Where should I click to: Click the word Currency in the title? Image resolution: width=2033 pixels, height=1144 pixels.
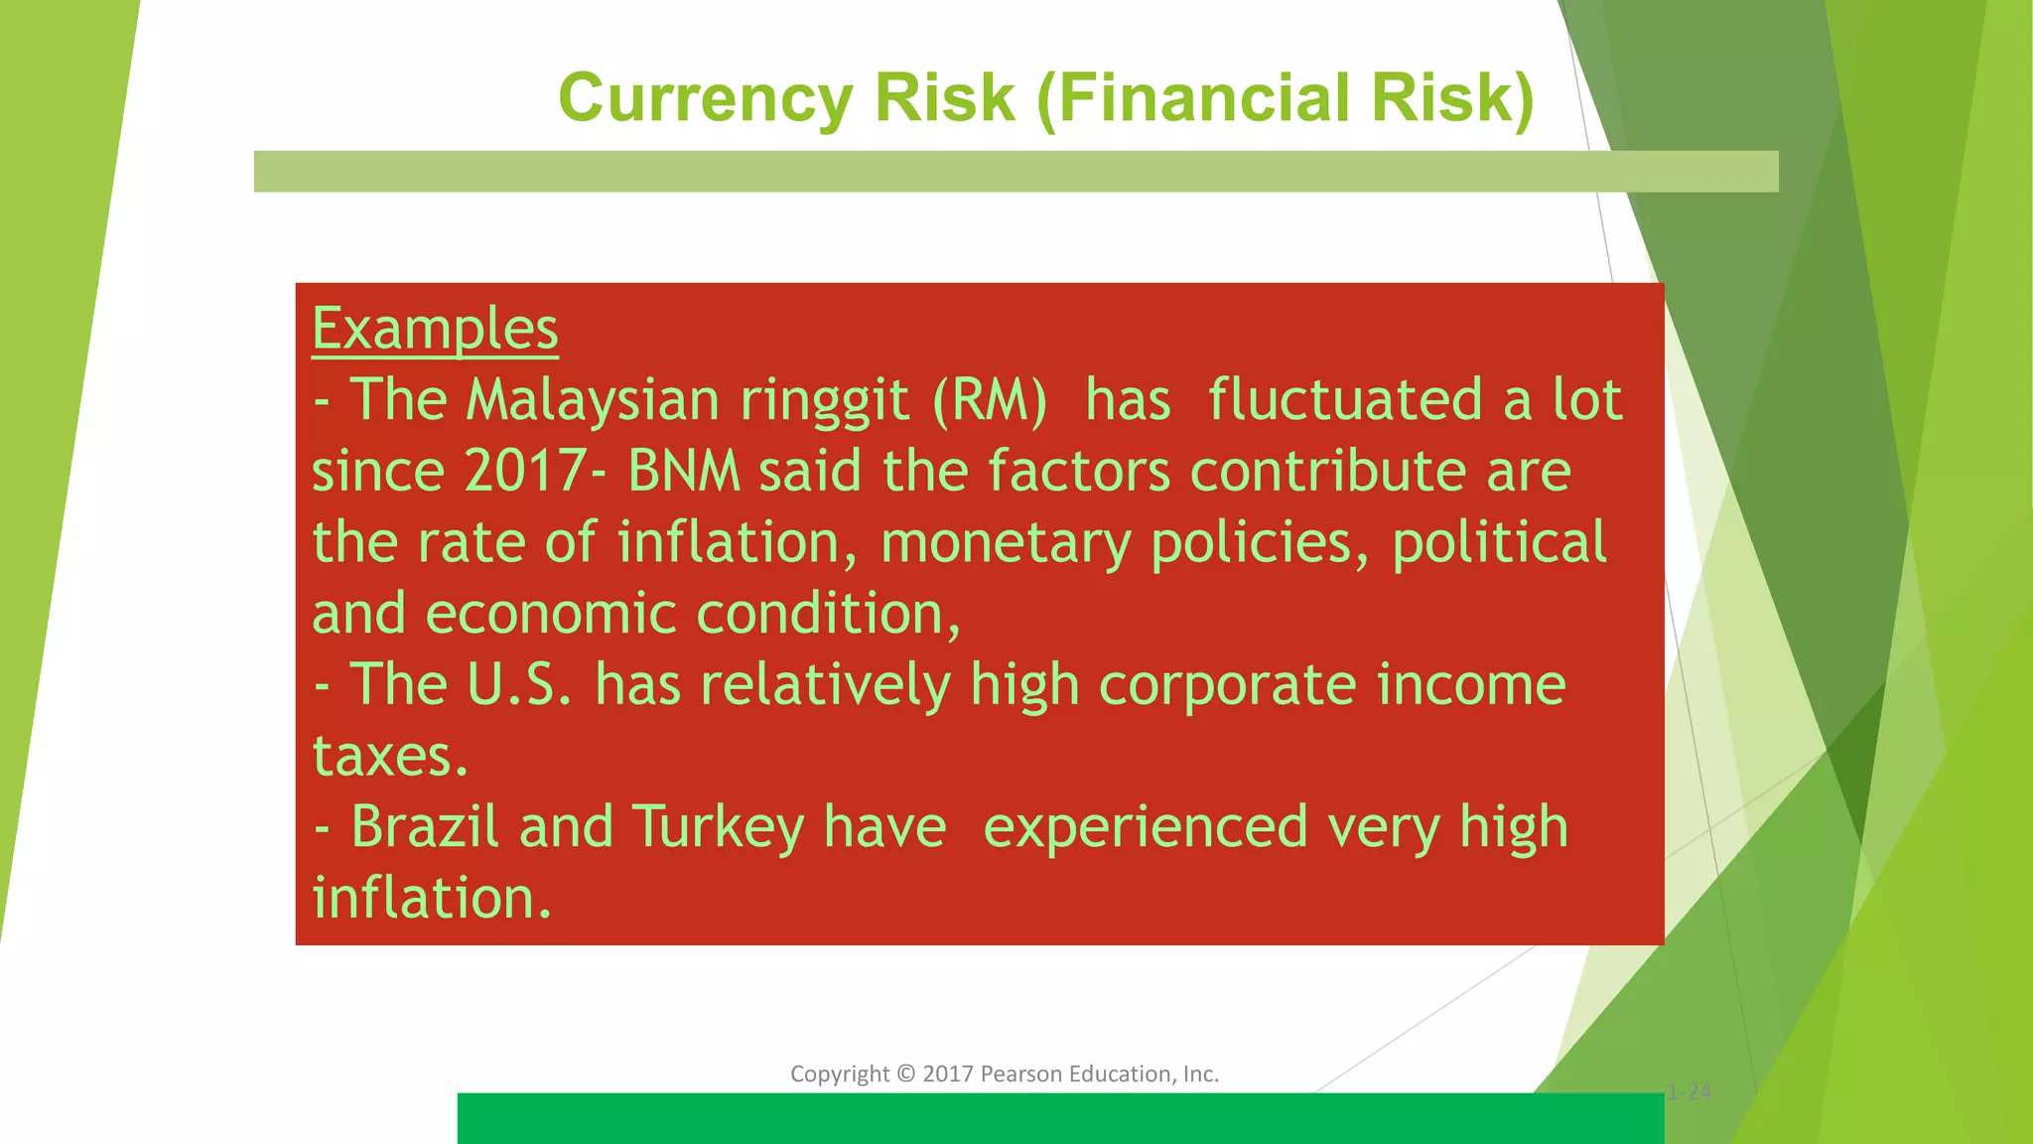[x=705, y=99]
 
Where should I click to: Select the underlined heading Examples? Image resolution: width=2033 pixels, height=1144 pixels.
[x=435, y=329]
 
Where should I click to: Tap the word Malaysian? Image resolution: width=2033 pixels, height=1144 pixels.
[x=593, y=400]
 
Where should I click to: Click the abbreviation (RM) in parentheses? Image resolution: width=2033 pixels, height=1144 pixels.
[x=990, y=400]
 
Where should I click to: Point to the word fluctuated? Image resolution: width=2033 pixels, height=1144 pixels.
[x=1345, y=400]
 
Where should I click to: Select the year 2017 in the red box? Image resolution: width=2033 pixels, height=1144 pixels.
[x=523, y=471]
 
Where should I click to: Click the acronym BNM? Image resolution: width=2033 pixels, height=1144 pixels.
[x=684, y=471]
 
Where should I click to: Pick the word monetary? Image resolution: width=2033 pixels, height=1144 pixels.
[x=1005, y=543]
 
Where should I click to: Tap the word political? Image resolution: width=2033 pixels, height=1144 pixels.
[x=1499, y=543]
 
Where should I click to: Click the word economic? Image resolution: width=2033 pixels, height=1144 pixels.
[x=550, y=614]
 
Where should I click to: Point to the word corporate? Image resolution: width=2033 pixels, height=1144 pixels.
[x=1227, y=685]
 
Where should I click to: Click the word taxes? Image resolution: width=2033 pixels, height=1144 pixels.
[x=389, y=757]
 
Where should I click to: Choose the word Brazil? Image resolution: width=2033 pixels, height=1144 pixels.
[x=424, y=827]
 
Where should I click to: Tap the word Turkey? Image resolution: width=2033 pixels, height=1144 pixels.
[x=718, y=827]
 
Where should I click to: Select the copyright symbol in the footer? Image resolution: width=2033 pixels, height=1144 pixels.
[x=905, y=1074]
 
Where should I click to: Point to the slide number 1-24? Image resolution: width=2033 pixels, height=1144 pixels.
[x=1689, y=1093]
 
